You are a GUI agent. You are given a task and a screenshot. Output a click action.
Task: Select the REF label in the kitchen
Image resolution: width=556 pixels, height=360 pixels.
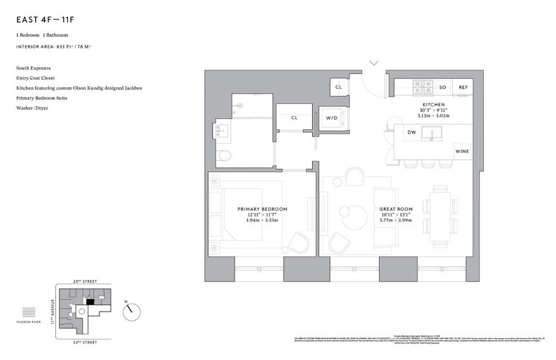463,88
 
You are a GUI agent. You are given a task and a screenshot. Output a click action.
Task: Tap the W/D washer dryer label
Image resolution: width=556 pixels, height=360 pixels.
332,118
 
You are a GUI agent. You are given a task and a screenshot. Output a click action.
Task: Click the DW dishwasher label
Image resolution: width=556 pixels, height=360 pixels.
411,132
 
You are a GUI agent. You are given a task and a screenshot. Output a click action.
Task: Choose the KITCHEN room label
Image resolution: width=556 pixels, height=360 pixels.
434,105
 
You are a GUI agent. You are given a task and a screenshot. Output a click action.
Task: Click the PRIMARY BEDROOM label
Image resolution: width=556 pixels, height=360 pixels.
262,209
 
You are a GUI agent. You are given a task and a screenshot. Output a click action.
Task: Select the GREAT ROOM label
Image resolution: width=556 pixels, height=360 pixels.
395,209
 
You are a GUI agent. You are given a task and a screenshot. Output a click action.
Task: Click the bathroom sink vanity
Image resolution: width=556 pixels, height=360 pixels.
222,130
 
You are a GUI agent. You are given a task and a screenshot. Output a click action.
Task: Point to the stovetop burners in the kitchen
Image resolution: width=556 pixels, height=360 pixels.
421,88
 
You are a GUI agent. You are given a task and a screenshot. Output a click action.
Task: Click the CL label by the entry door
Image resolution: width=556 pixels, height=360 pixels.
338,88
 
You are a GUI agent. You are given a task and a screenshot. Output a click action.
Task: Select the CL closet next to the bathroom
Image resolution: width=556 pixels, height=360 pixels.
294,118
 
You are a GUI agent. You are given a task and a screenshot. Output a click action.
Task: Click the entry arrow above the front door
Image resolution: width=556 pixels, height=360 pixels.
374,62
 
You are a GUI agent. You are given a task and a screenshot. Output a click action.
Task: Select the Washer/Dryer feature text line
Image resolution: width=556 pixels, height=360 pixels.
32,108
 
